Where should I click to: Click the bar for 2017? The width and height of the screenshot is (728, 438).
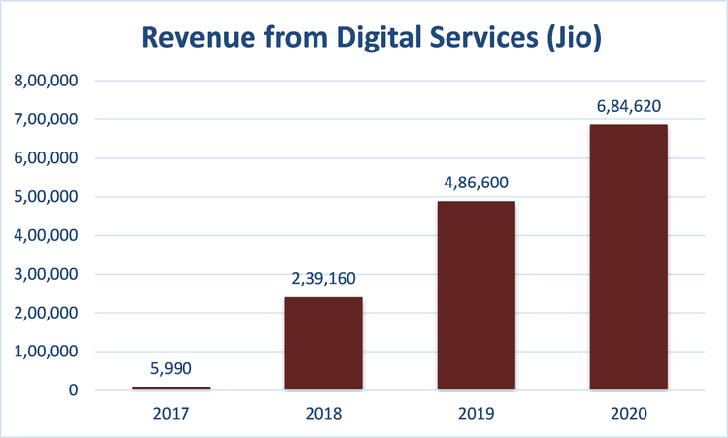click(x=171, y=388)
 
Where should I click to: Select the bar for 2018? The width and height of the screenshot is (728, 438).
click(x=323, y=344)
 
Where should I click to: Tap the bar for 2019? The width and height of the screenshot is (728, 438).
click(x=476, y=296)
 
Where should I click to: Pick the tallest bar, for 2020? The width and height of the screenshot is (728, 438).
click(x=628, y=257)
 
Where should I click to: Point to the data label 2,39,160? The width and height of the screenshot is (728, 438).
click(x=323, y=278)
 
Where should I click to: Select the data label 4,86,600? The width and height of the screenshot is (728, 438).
click(x=476, y=183)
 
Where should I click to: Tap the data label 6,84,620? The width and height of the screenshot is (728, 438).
click(x=628, y=106)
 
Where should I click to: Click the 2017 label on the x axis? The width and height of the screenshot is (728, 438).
click(x=171, y=413)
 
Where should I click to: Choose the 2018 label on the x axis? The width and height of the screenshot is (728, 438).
click(x=323, y=413)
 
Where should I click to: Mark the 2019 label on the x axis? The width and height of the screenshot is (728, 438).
click(x=476, y=413)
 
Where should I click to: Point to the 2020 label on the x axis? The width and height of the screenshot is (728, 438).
click(x=628, y=413)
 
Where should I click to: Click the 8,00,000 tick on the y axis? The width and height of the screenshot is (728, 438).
click(x=48, y=81)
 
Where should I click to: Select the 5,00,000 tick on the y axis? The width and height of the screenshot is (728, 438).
click(x=48, y=197)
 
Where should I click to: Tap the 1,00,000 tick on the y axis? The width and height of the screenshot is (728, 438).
click(x=48, y=352)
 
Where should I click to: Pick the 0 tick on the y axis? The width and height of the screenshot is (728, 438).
click(x=74, y=390)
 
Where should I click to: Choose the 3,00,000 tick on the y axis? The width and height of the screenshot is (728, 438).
click(x=48, y=275)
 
